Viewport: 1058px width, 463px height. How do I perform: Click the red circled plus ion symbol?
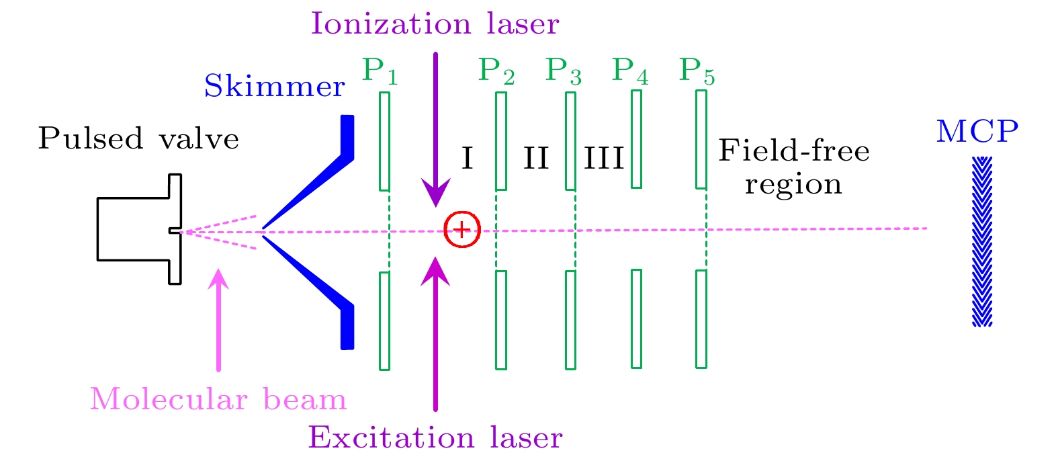[x=462, y=229]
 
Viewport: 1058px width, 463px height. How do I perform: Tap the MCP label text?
[x=977, y=132]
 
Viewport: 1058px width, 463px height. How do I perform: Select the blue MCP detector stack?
[x=982, y=241]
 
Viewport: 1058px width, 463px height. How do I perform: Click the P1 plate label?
[x=380, y=71]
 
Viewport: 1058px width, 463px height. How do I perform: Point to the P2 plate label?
[x=496, y=71]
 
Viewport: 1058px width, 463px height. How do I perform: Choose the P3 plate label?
[x=563, y=71]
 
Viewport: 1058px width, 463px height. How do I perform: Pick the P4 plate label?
[x=630, y=71]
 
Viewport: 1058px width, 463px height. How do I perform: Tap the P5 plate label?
[x=697, y=71]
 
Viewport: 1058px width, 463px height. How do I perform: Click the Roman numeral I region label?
[x=468, y=159]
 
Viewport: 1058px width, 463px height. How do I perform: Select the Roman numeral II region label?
[x=536, y=159]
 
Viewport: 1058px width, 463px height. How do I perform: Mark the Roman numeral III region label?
[x=604, y=159]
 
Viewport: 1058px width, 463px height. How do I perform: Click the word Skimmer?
[x=274, y=87]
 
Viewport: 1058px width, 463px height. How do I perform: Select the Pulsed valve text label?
[x=138, y=138]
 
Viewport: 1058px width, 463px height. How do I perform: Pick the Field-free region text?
[x=793, y=167]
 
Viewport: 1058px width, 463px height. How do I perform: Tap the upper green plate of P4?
[x=636, y=139]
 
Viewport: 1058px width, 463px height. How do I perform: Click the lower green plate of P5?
[x=701, y=319]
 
